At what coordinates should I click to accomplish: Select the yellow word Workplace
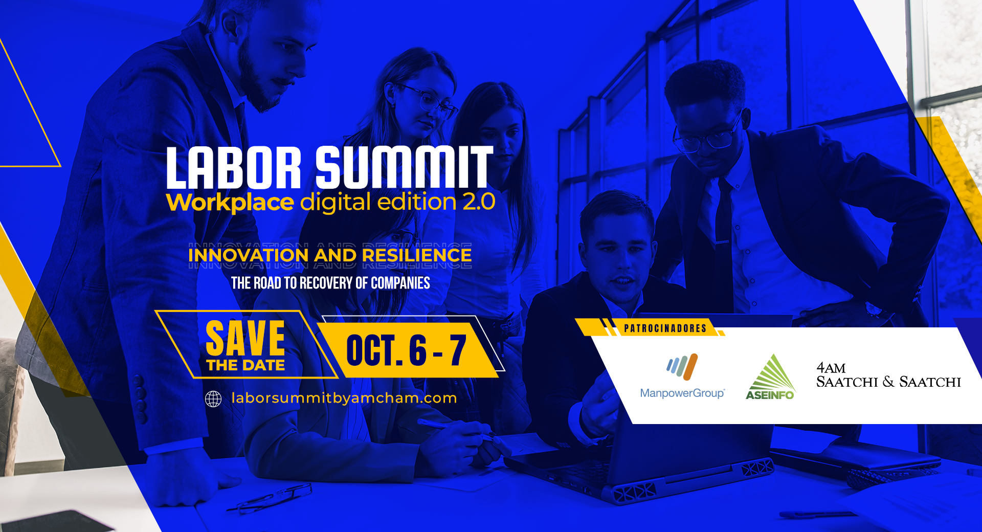click(x=230, y=203)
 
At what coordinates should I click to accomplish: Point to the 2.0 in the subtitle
click(x=479, y=202)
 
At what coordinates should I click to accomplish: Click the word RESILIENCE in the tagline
click(x=417, y=255)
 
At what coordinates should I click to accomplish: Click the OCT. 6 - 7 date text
click(x=407, y=350)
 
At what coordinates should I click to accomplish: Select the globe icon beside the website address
click(x=213, y=398)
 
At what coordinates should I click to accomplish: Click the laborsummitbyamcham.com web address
click(x=344, y=398)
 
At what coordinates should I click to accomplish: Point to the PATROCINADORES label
click(x=665, y=328)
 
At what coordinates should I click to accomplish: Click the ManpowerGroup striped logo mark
click(x=682, y=367)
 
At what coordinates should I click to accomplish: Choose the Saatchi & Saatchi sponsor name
click(x=888, y=382)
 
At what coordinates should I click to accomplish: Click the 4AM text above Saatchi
click(x=831, y=368)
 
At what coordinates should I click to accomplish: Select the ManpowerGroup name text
click(x=682, y=393)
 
